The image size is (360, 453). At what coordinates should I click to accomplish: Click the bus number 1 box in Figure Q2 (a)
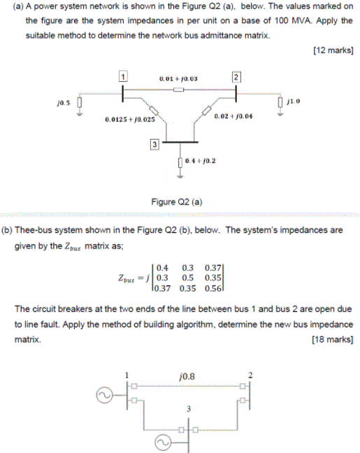pyautogui.click(x=123, y=76)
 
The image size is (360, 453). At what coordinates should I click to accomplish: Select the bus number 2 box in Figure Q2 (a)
pyautogui.click(x=236, y=76)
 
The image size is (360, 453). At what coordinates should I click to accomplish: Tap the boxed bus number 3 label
pyautogui.click(x=154, y=144)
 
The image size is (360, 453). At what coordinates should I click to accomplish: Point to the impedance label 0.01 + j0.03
pyautogui.click(x=179, y=79)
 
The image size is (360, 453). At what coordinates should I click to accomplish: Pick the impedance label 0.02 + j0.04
pyautogui.click(x=234, y=115)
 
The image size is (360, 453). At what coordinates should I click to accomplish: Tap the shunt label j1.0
pyautogui.click(x=294, y=101)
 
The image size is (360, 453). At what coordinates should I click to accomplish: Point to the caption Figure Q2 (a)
pyautogui.click(x=177, y=202)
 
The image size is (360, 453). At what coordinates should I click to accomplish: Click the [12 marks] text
pyautogui.click(x=332, y=50)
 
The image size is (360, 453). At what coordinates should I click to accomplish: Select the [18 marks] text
pyautogui.click(x=332, y=340)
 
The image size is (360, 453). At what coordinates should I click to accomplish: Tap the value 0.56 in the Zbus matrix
pyautogui.click(x=214, y=287)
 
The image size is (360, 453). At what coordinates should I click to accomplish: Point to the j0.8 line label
pyautogui.click(x=187, y=375)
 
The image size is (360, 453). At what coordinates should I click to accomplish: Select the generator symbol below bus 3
pyautogui.click(x=162, y=441)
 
